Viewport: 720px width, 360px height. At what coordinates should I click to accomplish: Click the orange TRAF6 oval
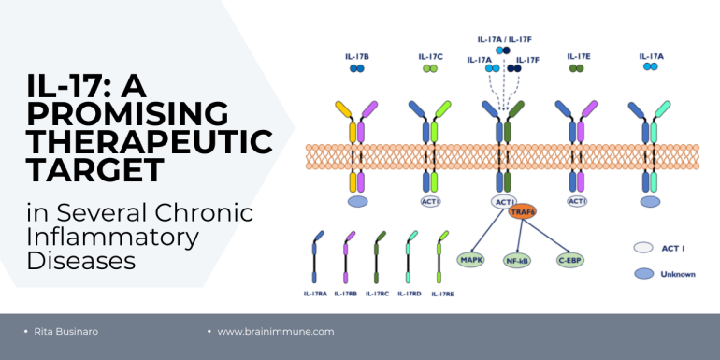pos(522,211)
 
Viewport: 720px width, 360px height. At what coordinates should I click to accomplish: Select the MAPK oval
pos(471,260)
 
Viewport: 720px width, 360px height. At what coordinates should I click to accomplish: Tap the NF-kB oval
pos(517,261)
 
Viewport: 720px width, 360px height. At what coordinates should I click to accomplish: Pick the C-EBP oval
pos(570,260)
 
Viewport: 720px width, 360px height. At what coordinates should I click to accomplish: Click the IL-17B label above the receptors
pos(357,57)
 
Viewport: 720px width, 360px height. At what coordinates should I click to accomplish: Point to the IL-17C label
pos(430,57)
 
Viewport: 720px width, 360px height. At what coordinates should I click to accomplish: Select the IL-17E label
pos(579,56)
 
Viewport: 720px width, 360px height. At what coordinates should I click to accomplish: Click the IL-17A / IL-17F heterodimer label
pos(504,39)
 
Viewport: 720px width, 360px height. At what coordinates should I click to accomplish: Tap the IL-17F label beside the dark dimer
pos(527,60)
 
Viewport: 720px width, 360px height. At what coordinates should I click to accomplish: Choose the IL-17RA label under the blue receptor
pos(315,294)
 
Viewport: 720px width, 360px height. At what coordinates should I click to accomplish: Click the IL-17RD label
pos(410,294)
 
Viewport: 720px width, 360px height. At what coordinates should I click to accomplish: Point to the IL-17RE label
pos(442,295)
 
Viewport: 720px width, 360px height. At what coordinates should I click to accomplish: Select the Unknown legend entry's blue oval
pos(643,274)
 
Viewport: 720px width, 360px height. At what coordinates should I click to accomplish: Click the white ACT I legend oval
pos(643,248)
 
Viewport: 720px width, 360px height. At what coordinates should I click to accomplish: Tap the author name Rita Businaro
pos(66,332)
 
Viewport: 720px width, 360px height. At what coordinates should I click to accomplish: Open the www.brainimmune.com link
pos(276,332)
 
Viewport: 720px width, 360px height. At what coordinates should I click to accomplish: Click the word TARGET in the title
pos(95,170)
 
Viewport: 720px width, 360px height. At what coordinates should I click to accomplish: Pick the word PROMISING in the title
pos(128,113)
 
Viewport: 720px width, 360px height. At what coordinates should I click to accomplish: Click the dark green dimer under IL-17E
pos(576,68)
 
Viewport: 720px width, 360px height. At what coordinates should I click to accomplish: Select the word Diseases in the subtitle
pos(81,260)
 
